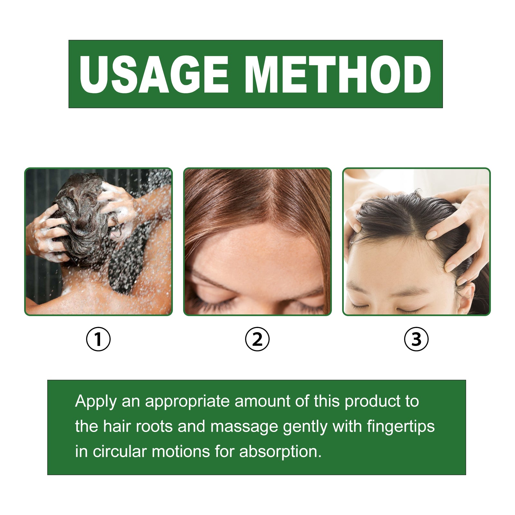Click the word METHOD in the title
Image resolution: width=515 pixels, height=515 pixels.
tap(339, 74)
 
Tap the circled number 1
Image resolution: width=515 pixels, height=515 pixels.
tap(98, 339)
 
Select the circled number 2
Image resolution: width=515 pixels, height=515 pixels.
tap(257, 339)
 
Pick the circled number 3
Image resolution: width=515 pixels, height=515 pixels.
tap(416, 339)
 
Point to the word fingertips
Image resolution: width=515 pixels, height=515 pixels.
tap(401, 427)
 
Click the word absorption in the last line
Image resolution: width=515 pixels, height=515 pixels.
tap(280, 452)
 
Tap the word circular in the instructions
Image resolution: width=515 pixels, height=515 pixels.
tap(120, 452)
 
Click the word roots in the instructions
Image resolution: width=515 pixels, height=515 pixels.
tap(154, 427)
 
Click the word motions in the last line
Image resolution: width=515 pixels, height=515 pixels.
tap(181, 452)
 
